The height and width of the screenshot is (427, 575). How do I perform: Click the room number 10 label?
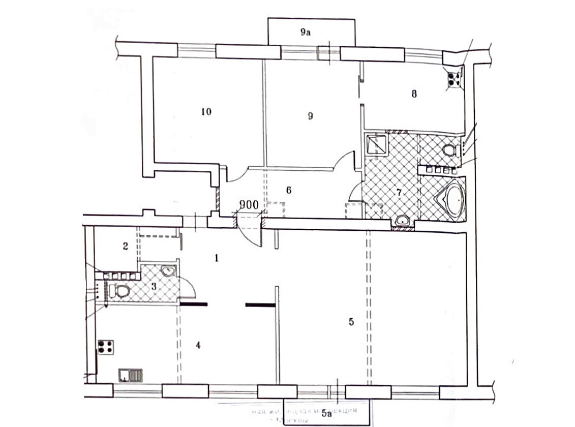206,111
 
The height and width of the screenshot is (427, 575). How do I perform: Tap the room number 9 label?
310,116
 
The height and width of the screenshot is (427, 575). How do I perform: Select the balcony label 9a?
305,33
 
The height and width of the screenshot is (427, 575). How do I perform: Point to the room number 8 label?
414,94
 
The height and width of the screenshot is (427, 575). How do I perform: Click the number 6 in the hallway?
288,190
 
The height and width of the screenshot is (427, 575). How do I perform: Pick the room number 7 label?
399,193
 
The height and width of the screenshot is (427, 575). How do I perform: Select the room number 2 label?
125,246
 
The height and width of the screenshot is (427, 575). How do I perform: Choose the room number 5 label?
350,321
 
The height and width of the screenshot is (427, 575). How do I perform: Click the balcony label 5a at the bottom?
326,413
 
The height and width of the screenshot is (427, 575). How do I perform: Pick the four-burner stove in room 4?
105,347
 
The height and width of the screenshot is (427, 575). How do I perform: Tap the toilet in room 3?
121,291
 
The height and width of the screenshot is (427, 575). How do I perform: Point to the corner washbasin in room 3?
167,271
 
